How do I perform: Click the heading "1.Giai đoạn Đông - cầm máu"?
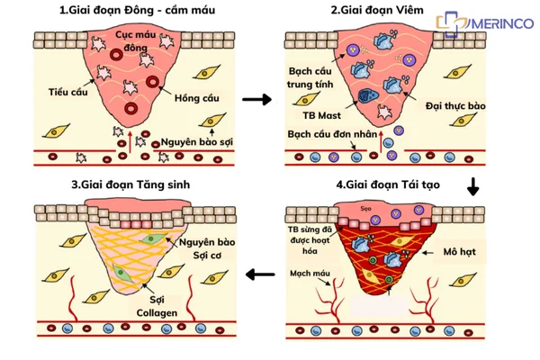coord(137,10)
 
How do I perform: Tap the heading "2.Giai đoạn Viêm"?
coord(377,10)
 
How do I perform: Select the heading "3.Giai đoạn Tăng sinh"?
coord(130,184)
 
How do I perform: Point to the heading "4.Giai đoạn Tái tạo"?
coord(388,184)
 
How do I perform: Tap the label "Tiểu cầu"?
coord(67,92)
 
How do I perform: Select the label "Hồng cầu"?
coord(196,98)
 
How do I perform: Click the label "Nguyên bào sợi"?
coord(196,142)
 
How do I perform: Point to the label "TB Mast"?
coord(321,115)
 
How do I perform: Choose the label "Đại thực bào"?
coord(455,106)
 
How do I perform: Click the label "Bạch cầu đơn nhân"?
coord(332,134)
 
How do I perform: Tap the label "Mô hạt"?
coord(459,252)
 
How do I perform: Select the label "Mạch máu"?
coord(310,274)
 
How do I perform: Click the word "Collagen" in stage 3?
coord(157,313)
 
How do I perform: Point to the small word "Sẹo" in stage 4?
coord(365,209)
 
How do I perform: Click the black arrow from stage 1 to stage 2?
coord(256,100)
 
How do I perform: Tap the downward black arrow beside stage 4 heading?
coord(473,186)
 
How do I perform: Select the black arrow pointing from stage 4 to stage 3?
coord(260,274)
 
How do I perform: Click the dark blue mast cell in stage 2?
coord(368,96)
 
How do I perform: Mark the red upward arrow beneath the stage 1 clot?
coord(130,141)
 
